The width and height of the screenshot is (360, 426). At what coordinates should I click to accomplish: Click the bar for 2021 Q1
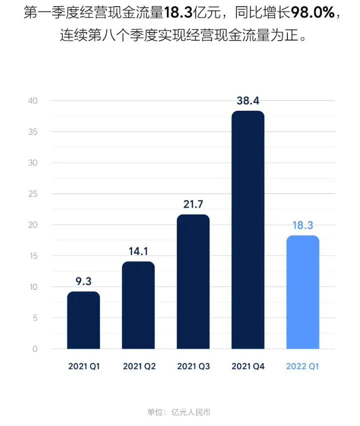pos(83,320)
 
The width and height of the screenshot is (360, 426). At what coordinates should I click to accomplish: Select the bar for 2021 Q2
pos(138,305)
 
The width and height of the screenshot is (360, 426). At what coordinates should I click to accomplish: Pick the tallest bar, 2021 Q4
pos(248,230)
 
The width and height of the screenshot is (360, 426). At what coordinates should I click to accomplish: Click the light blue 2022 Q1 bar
pos(302,292)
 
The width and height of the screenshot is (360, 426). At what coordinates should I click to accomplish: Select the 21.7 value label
pos(193,204)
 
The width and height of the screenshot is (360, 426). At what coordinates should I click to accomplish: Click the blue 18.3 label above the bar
pos(302,225)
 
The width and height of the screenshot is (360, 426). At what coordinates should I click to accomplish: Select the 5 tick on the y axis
pos(35,318)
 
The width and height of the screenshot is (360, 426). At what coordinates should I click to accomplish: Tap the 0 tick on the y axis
pos(35,349)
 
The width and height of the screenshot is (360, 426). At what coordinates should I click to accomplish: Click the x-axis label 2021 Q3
pos(193,366)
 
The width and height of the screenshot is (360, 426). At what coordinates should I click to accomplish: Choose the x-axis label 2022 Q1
pos(302,366)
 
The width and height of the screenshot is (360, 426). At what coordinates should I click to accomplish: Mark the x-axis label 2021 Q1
pos(83,366)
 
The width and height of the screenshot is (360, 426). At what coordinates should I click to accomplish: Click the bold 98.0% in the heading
pos(316,13)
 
